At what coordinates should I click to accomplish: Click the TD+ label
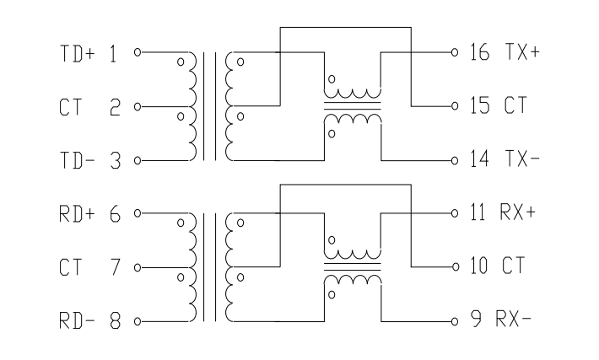[x=77, y=53]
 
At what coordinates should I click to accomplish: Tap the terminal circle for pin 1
[x=138, y=52]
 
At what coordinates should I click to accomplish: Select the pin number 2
[x=115, y=107]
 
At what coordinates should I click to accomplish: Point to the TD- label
[x=77, y=160]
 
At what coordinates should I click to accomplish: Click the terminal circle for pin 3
[x=138, y=161]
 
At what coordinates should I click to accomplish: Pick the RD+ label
[x=77, y=214]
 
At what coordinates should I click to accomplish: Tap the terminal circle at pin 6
[x=138, y=213]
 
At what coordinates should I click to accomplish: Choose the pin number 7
[x=116, y=267]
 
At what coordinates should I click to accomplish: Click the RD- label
[x=77, y=320]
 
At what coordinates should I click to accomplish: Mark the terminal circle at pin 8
[x=138, y=322]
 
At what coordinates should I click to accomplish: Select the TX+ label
[x=522, y=52]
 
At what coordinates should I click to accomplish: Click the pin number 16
[x=479, y=52]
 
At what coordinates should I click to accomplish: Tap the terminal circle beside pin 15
[x=455, y=106]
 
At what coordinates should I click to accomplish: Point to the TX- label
[x=522, y=159]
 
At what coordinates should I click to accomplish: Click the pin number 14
[x=479, y=159]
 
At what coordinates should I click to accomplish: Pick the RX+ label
[x=518, y=212]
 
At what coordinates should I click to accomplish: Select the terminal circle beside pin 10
[x=455, y=267]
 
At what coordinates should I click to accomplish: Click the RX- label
[x=514, y=320]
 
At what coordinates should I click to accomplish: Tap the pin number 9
[x=476, y=320]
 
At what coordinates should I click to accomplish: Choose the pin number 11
[x=478, y=212]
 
